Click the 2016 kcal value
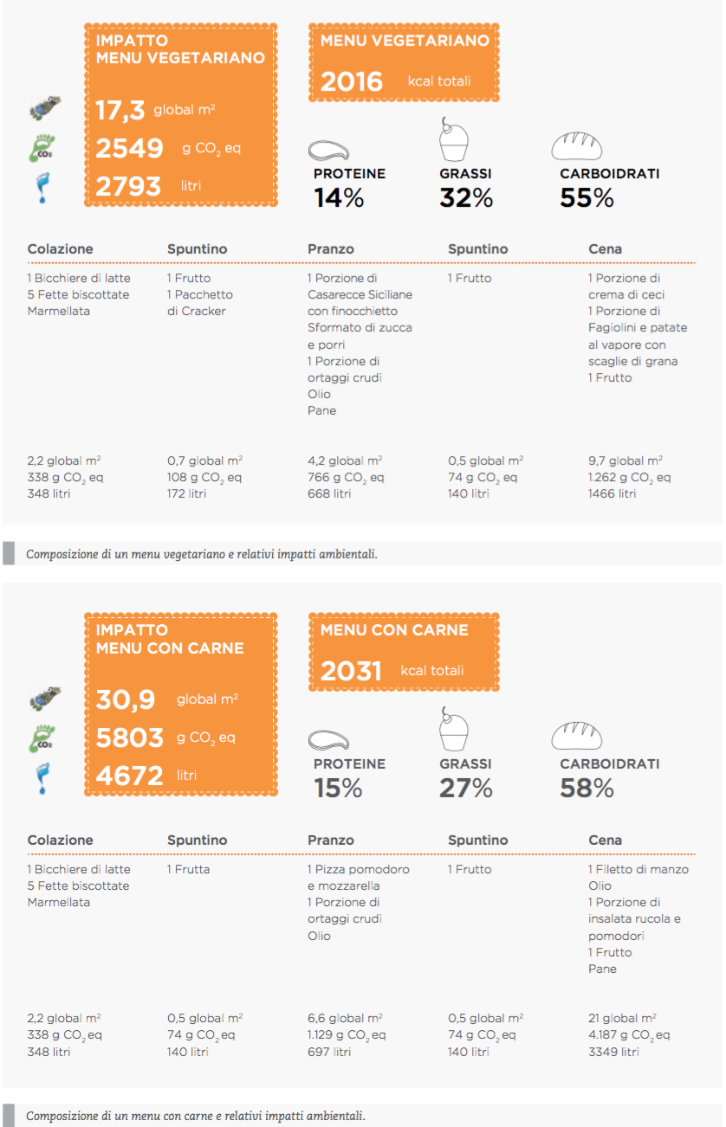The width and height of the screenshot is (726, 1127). coord(351,81)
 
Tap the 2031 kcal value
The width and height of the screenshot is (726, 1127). coord(351,671)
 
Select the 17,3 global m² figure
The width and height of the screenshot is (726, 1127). coord(120,111)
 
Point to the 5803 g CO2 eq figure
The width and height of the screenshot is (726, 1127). coord(129,737)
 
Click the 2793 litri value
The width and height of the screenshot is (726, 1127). coord(128,186)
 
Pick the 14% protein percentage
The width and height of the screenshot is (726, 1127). coord(339,198)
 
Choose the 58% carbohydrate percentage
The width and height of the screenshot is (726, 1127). coord(587,789)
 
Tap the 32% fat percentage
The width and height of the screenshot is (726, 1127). coord(465,198)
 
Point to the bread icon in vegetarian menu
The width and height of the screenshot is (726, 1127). coord(576,146)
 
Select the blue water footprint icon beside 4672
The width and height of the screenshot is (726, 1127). coord(41,776)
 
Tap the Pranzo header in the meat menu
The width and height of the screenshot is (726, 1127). coord(330,840)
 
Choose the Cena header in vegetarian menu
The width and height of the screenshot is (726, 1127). coord(605,249)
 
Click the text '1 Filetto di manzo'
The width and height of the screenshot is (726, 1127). coord(638,869)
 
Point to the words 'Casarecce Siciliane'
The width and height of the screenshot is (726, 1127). coord(360,294)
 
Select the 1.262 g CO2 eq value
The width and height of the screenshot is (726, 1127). coord(628,477)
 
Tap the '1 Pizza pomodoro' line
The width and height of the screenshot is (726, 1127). coord(358,869)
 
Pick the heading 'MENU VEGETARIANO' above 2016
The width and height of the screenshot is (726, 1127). coord(405,41)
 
